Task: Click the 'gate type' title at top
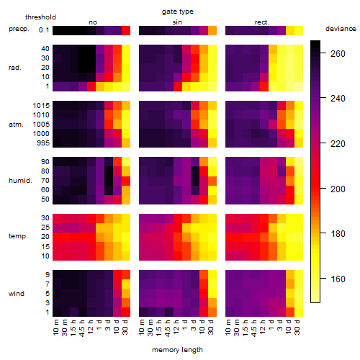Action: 178,12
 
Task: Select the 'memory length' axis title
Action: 177,350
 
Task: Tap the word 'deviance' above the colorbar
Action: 341,29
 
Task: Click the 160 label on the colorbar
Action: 338,279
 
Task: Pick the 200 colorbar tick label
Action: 338,189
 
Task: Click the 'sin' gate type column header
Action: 177,22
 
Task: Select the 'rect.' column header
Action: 261,22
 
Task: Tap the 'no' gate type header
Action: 93,22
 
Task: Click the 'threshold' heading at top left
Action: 40,17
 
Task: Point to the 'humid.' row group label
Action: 20,181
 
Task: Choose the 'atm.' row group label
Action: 16,125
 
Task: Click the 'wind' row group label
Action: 17,294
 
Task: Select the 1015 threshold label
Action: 41,106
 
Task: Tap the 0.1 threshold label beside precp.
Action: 44,30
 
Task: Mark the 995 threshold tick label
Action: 43,143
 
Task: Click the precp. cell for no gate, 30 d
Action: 126,30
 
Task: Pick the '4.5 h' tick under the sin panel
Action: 168,328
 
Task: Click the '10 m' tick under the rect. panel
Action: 228,327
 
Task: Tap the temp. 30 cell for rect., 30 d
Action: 299,218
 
